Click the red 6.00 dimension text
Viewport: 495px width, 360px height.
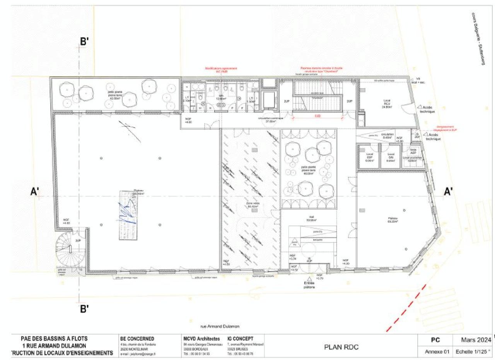click(317, 115)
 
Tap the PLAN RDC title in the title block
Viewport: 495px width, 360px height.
click(341, 347)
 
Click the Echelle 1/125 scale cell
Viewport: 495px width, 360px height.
click(476, 352)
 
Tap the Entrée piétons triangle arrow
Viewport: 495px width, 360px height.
click(309, 279)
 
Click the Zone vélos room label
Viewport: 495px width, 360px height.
click(252, 205)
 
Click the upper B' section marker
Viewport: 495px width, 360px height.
click(84, 42)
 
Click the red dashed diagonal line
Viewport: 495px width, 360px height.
click(406, 308)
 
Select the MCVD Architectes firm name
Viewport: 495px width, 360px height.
click(201, 339)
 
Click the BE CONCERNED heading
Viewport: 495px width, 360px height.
click(137, 339)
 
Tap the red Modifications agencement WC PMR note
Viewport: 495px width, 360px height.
click(221, 70)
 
